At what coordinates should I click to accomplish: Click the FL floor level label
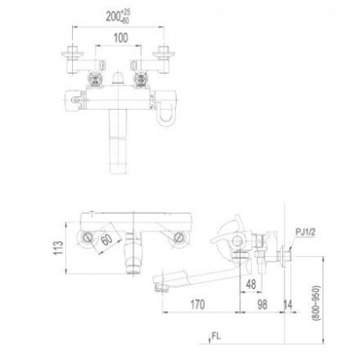point(215,336)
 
